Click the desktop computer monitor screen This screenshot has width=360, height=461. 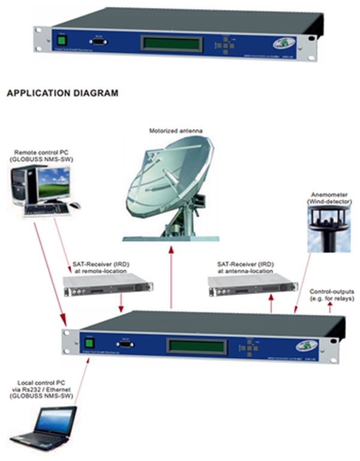point(51,183)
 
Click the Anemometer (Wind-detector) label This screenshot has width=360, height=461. point(323,199)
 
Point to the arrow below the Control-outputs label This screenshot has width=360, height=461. point(329,307)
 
